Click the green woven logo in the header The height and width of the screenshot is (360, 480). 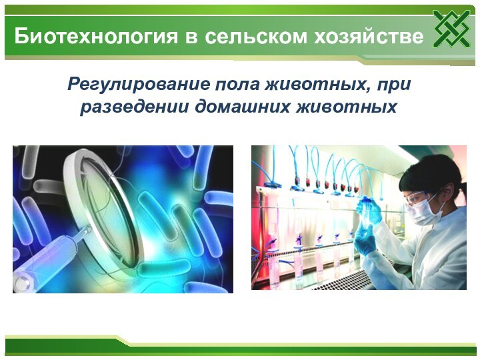tap(451, 29)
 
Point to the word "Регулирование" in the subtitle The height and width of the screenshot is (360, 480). tap(140, 85)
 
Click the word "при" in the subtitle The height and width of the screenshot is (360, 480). tap(394, 85)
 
